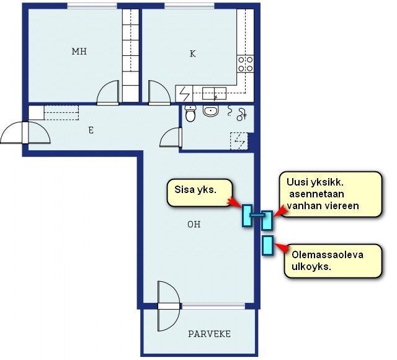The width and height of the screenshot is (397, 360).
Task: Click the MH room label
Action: coord(79,52)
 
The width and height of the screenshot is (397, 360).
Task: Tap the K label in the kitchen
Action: coord(192,53)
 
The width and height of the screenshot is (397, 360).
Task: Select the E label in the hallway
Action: coord(91,130)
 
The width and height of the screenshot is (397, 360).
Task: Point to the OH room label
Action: coord(194,224)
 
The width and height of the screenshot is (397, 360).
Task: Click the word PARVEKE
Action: coord(209,334)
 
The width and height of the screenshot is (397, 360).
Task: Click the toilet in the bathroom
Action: coord(190,113)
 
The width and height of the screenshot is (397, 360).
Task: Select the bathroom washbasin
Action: coord(211,112)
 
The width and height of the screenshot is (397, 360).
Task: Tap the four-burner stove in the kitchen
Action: coord(246,62)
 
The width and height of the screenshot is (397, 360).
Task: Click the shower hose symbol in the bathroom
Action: coord(238,112)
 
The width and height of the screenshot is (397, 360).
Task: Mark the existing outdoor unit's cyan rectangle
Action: coord(268,245)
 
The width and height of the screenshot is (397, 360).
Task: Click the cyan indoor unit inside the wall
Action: coord(247,215)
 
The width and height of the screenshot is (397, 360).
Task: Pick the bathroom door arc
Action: coord(170,138)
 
